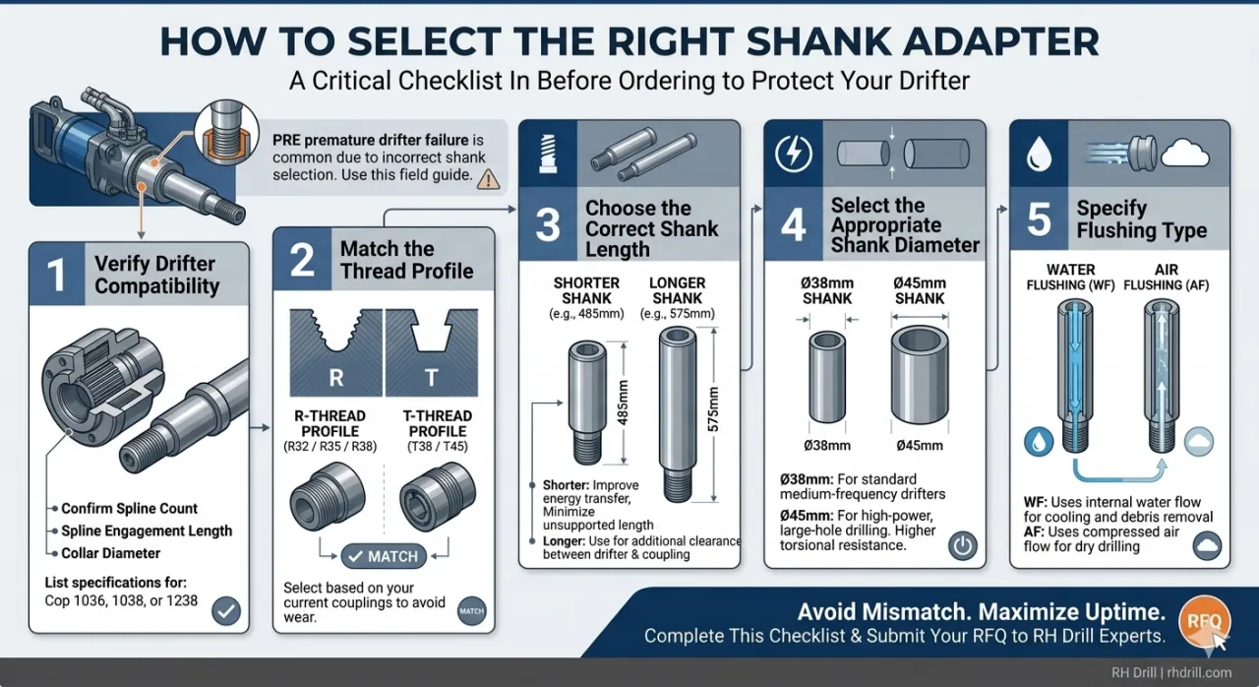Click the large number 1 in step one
(57, 276)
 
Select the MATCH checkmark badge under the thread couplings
(383, 557)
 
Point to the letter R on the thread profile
(335, 379)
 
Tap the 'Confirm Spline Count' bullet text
(129, 509)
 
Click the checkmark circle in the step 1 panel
(226, 611)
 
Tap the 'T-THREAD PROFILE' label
(438, 423)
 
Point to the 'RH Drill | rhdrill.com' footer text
(1171, 672)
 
